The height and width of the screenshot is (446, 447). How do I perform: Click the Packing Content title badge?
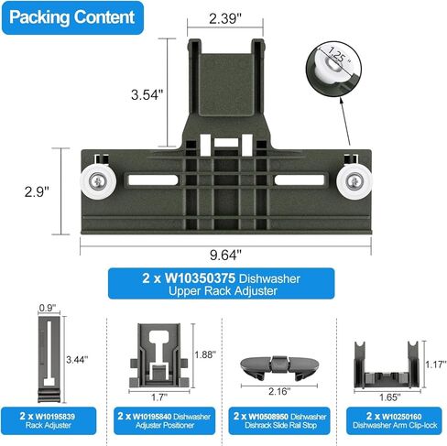tap(72, 17)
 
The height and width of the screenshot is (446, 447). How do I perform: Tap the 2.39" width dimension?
tap(225, 19)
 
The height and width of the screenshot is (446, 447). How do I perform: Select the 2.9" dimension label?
tap(37, 191)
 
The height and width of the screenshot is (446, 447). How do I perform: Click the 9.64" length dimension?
tap(225, 255)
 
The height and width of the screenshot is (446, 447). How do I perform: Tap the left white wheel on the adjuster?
tap(98, 182)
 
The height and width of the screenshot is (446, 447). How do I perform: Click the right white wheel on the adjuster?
tap(354, 182)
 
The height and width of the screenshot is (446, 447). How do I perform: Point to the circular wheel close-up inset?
tap(333, 69)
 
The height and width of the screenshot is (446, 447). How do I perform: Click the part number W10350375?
tap(200, 278)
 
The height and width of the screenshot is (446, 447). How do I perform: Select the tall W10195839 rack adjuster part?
tap(49, 359)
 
